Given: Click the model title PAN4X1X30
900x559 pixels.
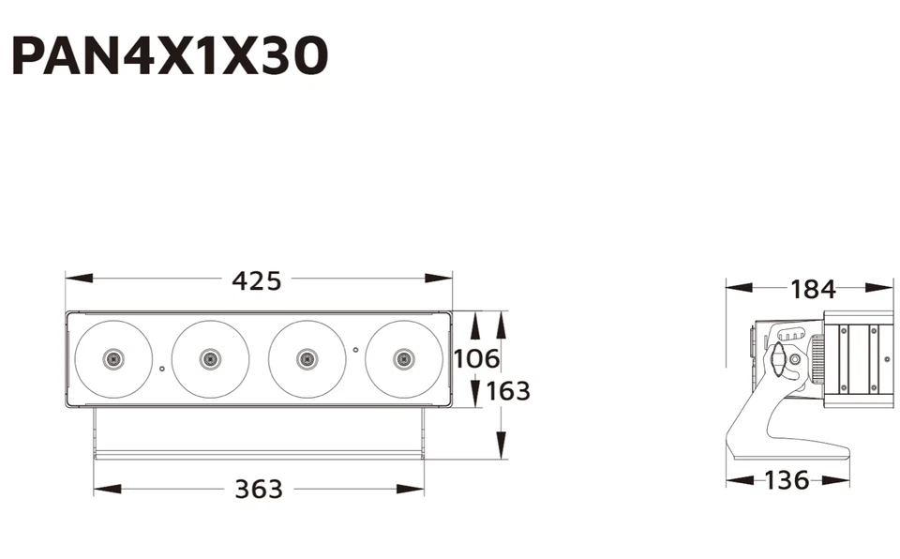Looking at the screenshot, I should pos(170,55).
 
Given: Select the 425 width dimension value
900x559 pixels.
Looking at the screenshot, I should pos(256,279).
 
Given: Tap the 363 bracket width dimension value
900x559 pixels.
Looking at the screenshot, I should pos(258,489).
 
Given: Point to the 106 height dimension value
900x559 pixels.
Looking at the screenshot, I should pos(476,358).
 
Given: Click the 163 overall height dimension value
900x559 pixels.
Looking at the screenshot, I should pos(508,390).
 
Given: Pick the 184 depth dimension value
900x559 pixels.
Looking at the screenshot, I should pos(812,289).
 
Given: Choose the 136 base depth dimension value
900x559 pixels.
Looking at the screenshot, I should pos(787,480).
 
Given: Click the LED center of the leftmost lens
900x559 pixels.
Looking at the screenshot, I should pos(113,358).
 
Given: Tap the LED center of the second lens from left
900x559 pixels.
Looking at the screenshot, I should pos(210,358).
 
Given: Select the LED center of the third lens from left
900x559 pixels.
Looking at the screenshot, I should pos(307,358).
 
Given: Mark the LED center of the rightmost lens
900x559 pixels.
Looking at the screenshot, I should pos(404,358).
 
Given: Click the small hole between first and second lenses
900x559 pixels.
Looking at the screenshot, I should pos(162,369).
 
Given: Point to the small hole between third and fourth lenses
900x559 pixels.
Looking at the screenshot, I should pos(355,349).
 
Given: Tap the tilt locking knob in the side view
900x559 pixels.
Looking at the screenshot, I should pos(777,361).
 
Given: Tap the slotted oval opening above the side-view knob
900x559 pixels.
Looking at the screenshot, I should pos(791,334).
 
